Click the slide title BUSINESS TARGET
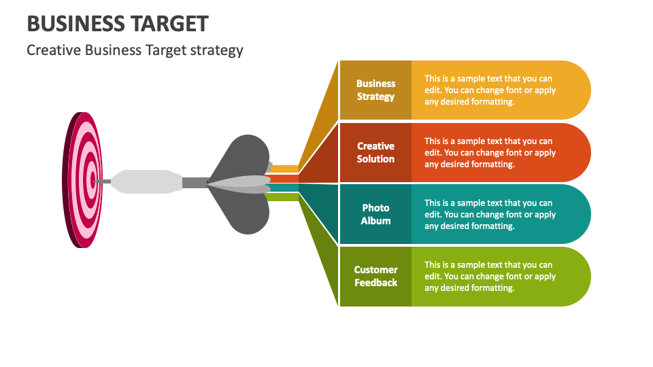pyautogui.click(x=118, y=23)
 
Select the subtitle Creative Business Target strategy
pyautogui.click(x=135, y=50)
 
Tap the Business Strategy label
pyautogui.click(x=375, y=90)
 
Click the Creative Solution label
pyautogui.click(x=375, y=152)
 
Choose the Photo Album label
pyautogui.click(x=375, y=214)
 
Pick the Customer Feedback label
pyautogui.click(x=375, y=276)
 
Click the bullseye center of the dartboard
pyautogui.click(x=93, y=180)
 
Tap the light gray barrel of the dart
pyautogui.click(x=146, y=181)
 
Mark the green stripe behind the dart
pyautogui.click(x=284, y=197)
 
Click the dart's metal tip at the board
pyautogui.click(x=103, y=181)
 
